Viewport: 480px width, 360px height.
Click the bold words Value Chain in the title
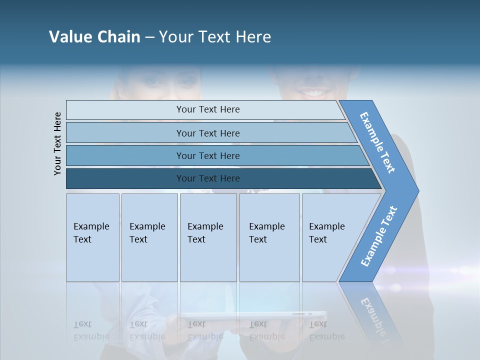[x=94, y=37]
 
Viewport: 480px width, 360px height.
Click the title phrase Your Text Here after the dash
[x=215, y=37]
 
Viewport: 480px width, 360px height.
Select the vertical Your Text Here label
[x=57, y=143]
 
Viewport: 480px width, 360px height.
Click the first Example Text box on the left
[x=92, y=237]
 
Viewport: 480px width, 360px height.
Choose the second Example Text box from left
[x=149, y=237]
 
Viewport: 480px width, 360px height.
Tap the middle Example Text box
[x=208, y=237]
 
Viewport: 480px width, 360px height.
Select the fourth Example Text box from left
[x=269, y=237]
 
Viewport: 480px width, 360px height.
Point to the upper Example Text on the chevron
[x=377, y=142]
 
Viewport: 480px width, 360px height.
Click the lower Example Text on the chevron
[x=379, y=236]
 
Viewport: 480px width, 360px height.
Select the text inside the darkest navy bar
[x=208, y=178]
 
